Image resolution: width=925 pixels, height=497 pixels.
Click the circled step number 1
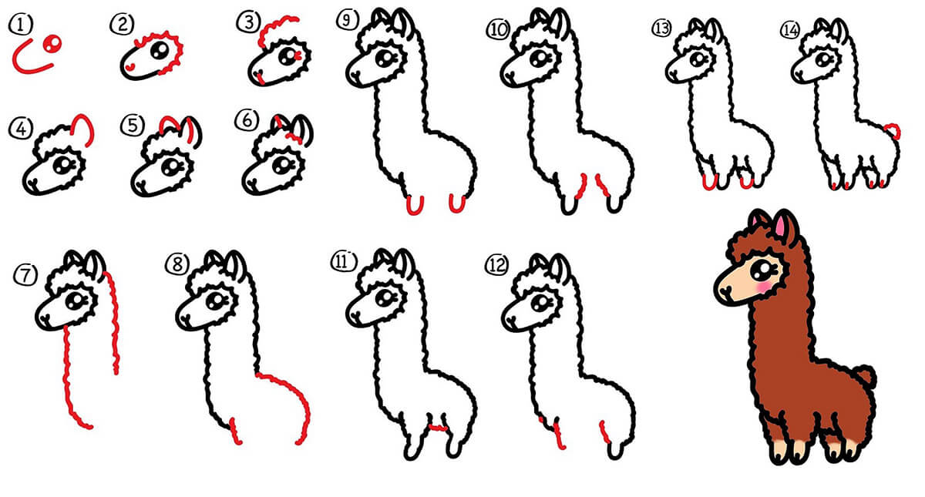pyautogui.click(x=20, y=25)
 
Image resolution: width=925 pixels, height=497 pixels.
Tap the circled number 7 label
pyautogui.click(x=25, y=275)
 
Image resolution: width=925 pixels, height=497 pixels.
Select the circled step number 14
pyautogui.click(x=790, y=30)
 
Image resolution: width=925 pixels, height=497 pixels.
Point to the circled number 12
pyautogui.click(x=496, y=264)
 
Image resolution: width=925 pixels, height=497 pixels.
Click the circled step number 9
pyautogui.click(x=348, y=19)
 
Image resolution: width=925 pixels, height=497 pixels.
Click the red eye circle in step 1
pyautogui.click(x=53, y=44)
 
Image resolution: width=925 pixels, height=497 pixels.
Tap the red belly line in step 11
pyautogui.click(x=438, y=428)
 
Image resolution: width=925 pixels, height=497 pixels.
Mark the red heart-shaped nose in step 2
pyautogui.click(x=130, y=66)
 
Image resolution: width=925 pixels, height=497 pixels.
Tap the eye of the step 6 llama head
pyautogui.click(x=281, y=166)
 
